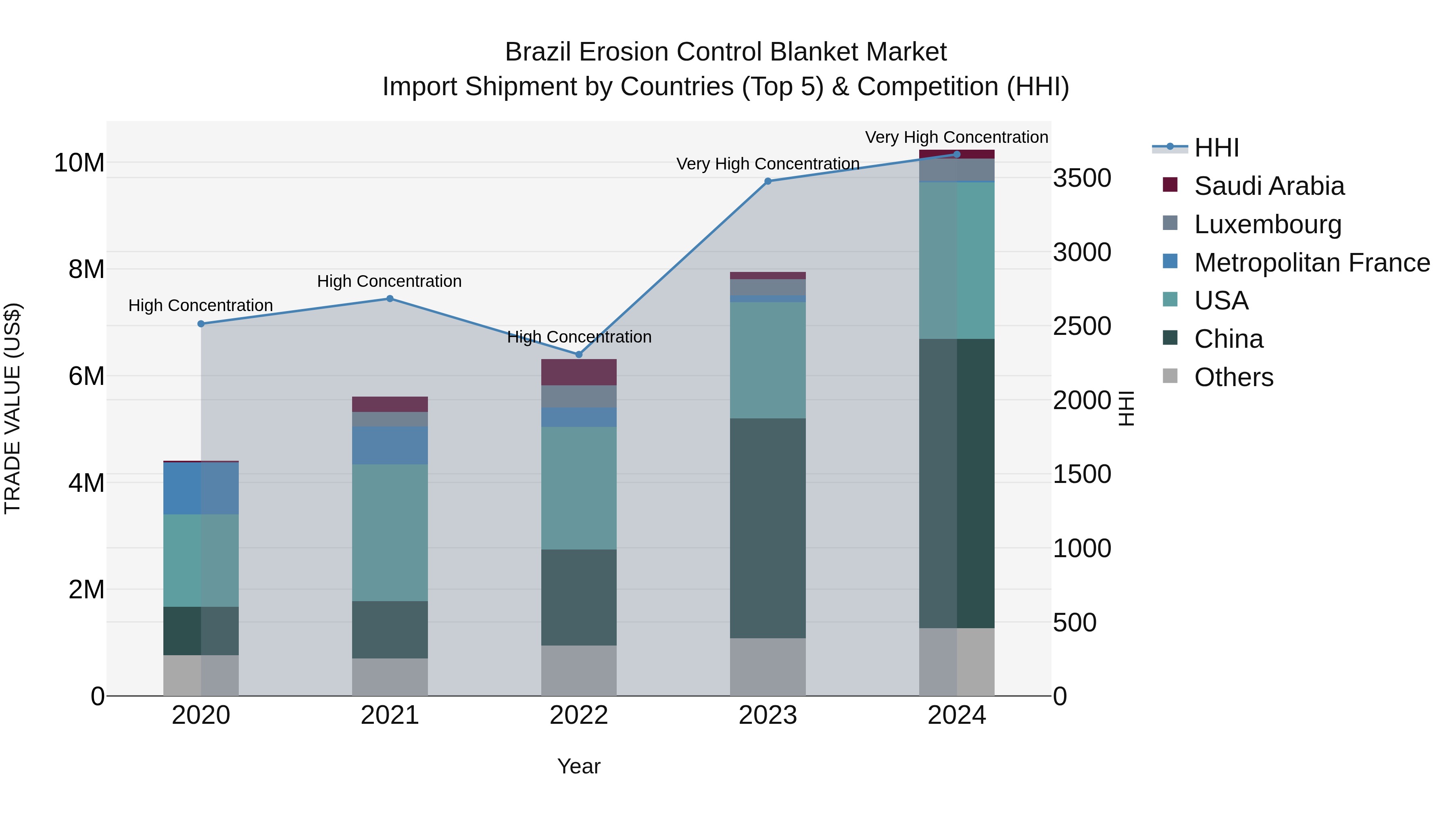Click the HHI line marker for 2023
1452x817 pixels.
pos(768,181)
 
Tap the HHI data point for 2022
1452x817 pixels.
pos(578,355)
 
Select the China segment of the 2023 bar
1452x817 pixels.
pos(768,528)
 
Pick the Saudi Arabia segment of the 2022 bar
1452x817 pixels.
pos(578,372)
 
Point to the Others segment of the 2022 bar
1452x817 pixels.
pos(578,671)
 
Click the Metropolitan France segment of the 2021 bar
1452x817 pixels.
pos(390,445)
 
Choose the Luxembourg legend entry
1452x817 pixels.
pos(1267,224)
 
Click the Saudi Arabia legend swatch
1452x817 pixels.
pos(1170,185)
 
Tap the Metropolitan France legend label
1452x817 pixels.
pos(1312,262)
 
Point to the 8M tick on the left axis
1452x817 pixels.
pos(86,269)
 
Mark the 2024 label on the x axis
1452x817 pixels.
pos(957,715)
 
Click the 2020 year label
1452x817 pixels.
pos(201,715)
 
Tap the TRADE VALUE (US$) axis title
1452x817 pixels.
pos(13,408)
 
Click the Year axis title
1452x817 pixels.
pos(578,766)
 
